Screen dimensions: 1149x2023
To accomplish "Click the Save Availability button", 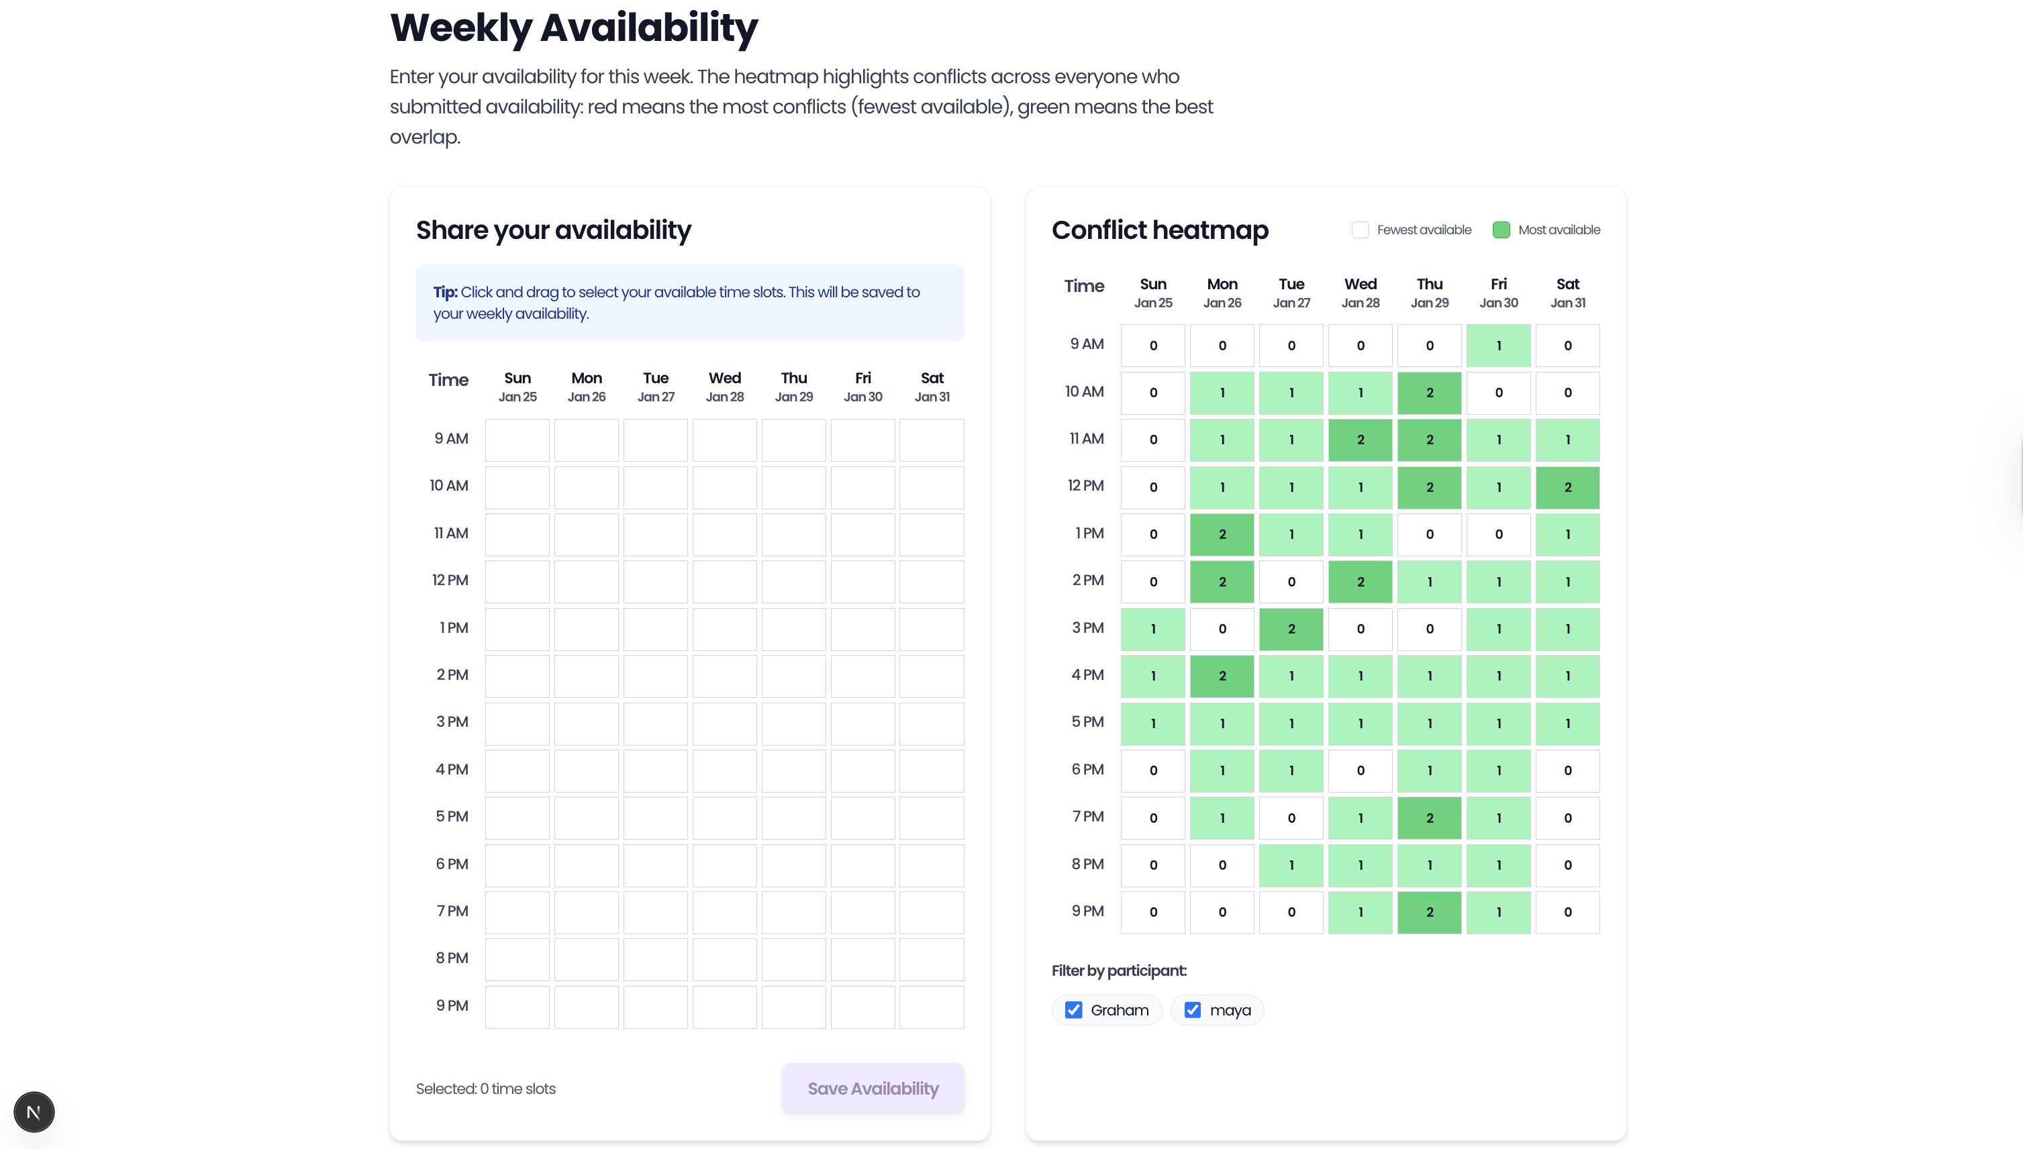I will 873,1088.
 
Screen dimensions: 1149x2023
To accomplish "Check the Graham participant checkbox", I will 1074,1010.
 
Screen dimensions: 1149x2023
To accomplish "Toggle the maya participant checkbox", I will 1193,1010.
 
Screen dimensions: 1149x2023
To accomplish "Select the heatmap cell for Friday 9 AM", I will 1498,346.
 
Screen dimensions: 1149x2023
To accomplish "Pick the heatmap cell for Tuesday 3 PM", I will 1291,629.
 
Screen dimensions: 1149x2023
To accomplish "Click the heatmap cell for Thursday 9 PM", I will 1429,912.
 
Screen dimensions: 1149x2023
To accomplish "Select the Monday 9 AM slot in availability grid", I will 586,440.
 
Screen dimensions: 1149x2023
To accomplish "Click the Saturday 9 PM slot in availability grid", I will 932,1007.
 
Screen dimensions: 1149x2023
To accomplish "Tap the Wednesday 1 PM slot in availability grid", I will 724,629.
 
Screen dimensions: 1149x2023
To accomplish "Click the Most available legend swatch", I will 1501,230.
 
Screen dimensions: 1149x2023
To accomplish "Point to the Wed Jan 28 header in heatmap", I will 1361,293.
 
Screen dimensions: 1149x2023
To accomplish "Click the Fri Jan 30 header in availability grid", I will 862,387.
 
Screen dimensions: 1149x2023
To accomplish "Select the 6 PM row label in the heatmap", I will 1087,769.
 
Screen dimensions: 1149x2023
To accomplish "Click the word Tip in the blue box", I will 445,292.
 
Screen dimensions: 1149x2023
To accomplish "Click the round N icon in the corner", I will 34,1112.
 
